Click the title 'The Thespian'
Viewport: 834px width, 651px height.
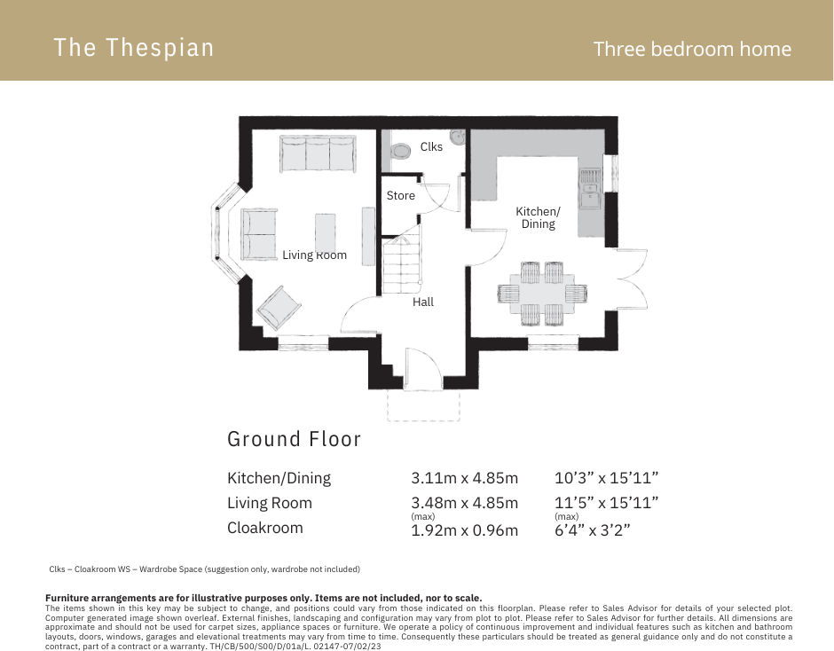133,47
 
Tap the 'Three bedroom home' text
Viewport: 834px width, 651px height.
692,49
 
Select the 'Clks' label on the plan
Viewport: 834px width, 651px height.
431,147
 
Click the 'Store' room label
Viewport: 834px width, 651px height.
400,195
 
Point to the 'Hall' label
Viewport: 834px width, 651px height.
423,302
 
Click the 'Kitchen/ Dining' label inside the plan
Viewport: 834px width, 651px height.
538,217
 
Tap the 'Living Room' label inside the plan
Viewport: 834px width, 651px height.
314,255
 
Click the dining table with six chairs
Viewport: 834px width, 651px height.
541,292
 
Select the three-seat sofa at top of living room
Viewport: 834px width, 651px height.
317,153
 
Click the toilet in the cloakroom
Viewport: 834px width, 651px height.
401,152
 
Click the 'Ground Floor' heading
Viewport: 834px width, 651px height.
294,439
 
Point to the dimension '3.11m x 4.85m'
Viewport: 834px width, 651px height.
464,478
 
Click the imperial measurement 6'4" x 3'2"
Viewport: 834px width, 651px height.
592,530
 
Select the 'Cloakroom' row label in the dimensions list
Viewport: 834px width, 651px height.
265,528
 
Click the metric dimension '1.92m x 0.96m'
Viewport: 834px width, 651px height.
464,530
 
